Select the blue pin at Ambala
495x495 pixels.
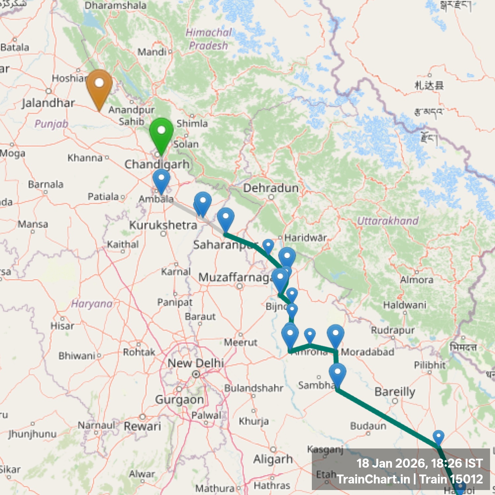pyautogui.click(x=161, y=180)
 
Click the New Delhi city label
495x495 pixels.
pyautogui.click(x=196, y=363)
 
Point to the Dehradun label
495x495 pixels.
pyautogui.click(x=271, y=188)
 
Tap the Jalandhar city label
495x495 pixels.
pyautogui.click(x=48, y=103)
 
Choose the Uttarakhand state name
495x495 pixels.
pyautogui.click(x=388, y=221)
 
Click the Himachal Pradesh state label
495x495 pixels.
pyautogui.click(x=208, y=39)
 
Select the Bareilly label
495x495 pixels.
pyautogui.click(x=395, y=392)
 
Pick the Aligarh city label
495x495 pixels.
pyautogui.click(x=273, y=459)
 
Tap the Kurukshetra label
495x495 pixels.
pyautogui.click(x=163, y=225)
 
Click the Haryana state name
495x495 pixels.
pyautogui.click(x=92, y=304)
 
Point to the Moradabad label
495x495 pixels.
pyautogui.click(x=368, y=352)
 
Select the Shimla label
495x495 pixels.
pyautogui.click(x=192, y=123)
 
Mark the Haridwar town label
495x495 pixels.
pyautogui.click(x=305, y=238)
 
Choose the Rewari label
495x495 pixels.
pyautogui.click(x=142, y=426)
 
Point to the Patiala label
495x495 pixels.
pyautogui.click(x=103, y=197)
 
